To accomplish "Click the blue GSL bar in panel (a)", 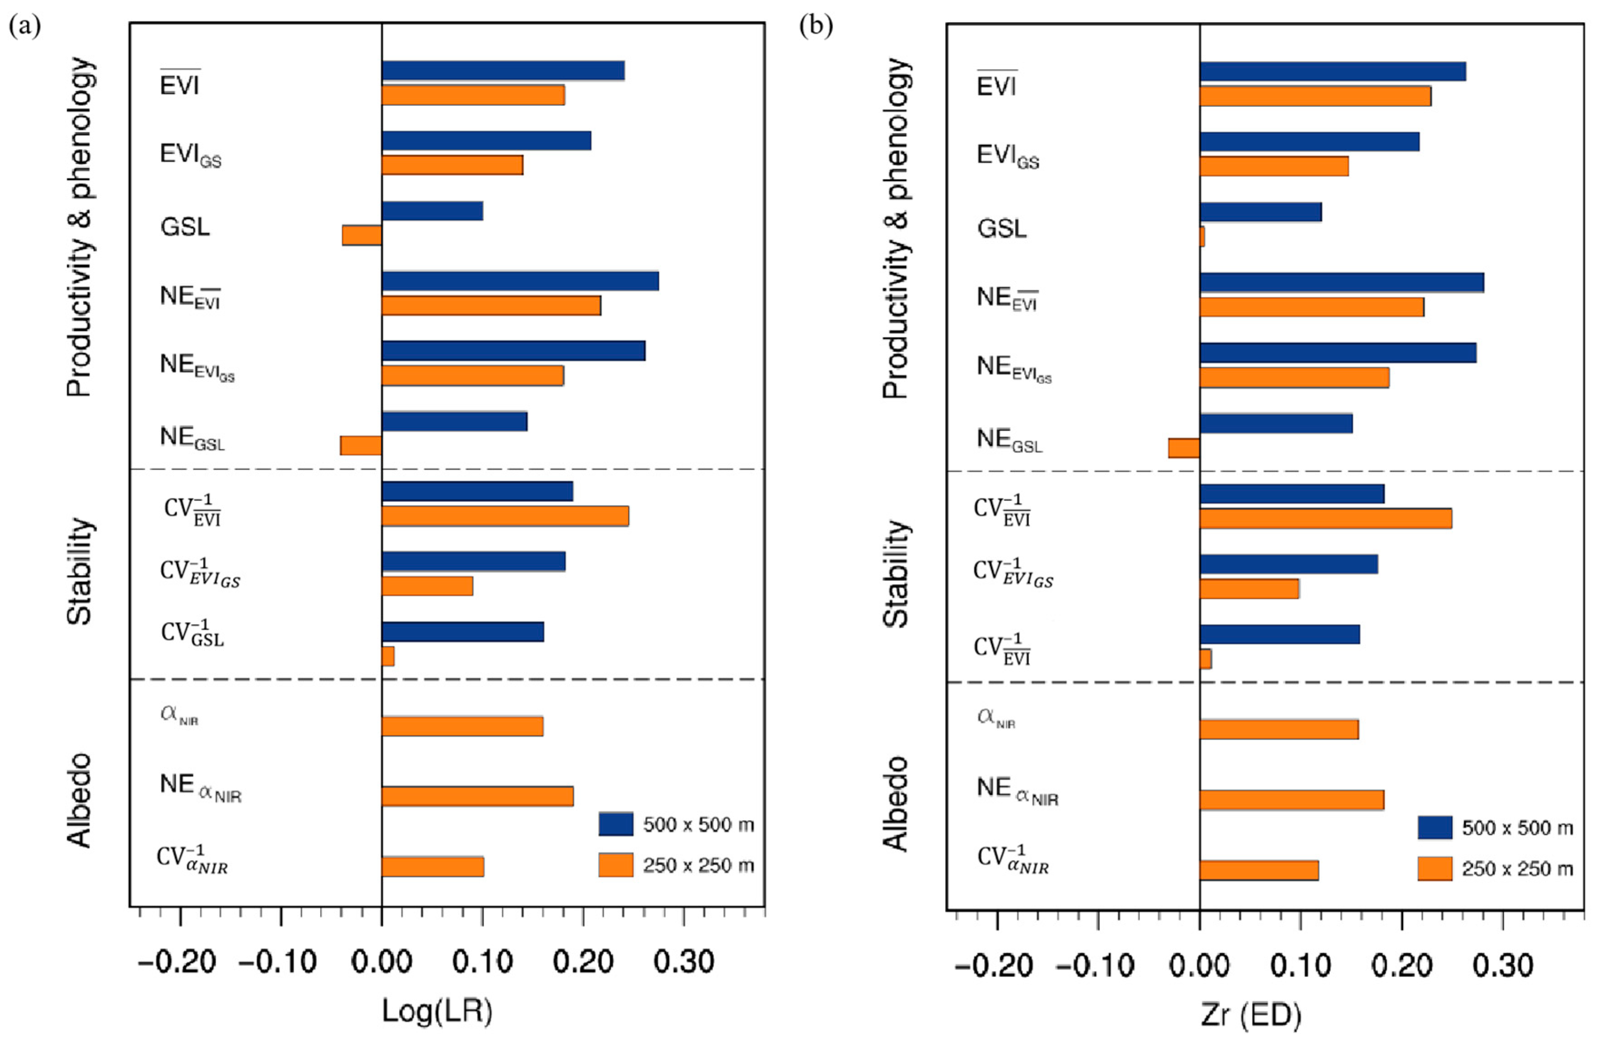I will click(x=432, y=211).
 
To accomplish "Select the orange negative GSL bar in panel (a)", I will click(x=362, y=235).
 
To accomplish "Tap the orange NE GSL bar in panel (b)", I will click(x=1184, y=448).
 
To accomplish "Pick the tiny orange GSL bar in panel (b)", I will click(x=1202, y=237).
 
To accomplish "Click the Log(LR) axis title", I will click(x=437, y=1011).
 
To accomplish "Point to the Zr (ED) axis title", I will click(x=1251, y=1015).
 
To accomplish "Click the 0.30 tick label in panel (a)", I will click(x=683, y=962).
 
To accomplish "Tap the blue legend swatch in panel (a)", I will click(x=615, y=824).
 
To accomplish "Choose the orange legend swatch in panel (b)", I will click(x=1435, y=868).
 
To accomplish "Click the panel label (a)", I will click(x=25, y=27).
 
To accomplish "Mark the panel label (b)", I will click(x=816, y=27).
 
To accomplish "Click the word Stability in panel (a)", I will click(x=80, y=571).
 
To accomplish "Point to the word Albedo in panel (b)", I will click(x=896, y=804).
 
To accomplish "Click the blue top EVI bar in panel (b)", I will click(x=1332, y=71).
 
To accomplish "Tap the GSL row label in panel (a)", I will click(x=185, y=227).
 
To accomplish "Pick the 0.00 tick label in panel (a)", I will click(x=381, y=962).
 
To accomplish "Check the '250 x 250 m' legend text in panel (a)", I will click(x=698, y=865).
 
